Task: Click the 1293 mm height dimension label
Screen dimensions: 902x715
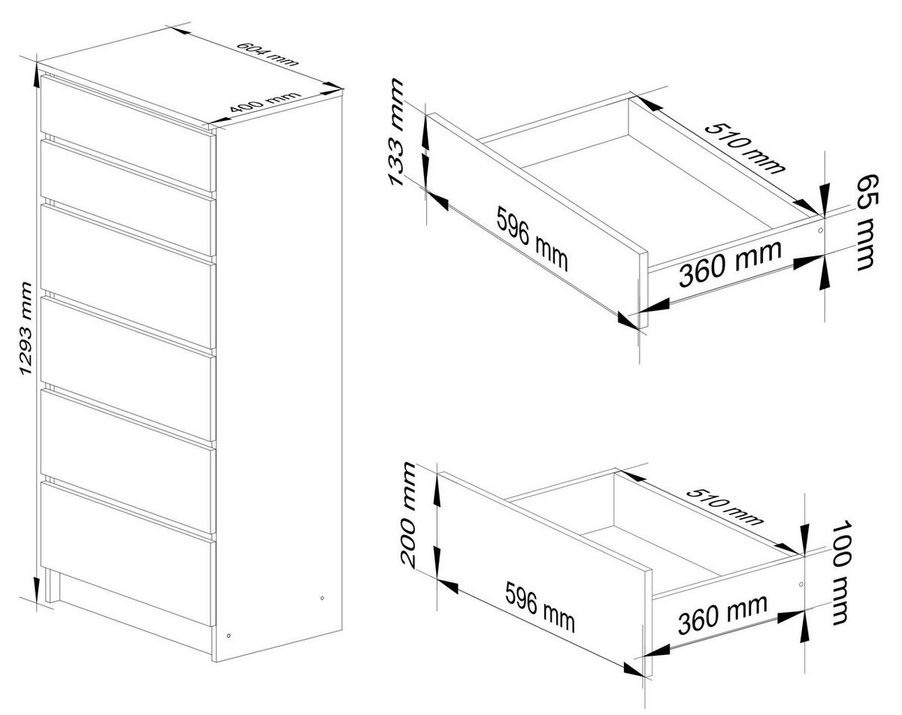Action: pos(26,329)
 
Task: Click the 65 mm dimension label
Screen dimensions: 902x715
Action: pos(866,222)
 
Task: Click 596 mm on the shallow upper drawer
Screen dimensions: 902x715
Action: pos(532,239)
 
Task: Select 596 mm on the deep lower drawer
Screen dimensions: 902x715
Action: pos(540,608)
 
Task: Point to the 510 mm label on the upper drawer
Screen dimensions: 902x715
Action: pos(744,148)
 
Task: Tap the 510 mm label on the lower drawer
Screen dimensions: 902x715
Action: pos(725,506)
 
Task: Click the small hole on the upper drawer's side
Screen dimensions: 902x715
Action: pos(820,230)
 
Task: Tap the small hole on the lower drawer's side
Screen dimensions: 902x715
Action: pos(801,584)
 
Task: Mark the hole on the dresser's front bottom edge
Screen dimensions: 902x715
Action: pos(229,636)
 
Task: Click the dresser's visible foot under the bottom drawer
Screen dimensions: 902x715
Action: pos(50,586)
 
